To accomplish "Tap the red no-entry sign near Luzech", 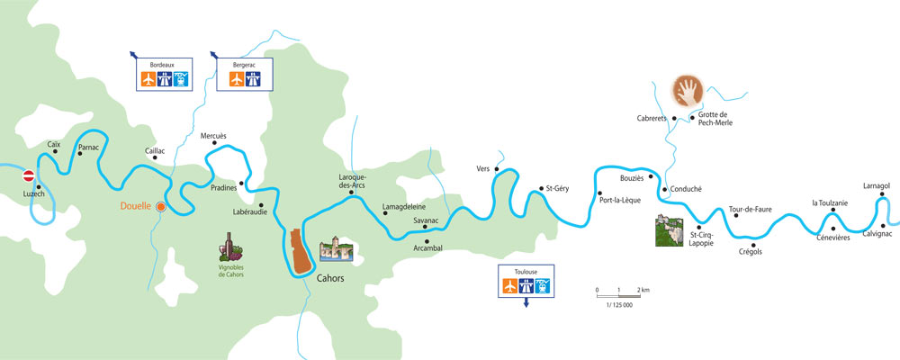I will click(x=29, y=177).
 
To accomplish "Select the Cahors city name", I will click(x=330, y=278).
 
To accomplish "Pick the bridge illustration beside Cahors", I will click(x=337, y=249).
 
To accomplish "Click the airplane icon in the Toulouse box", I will click(x=510, y=286).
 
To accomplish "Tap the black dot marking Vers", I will click(x=497, y=166).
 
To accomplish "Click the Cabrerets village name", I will click(x=654, y=116).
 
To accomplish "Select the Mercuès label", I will click(x=213, y=136).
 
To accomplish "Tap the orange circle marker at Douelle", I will click(x=160, y=206).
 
